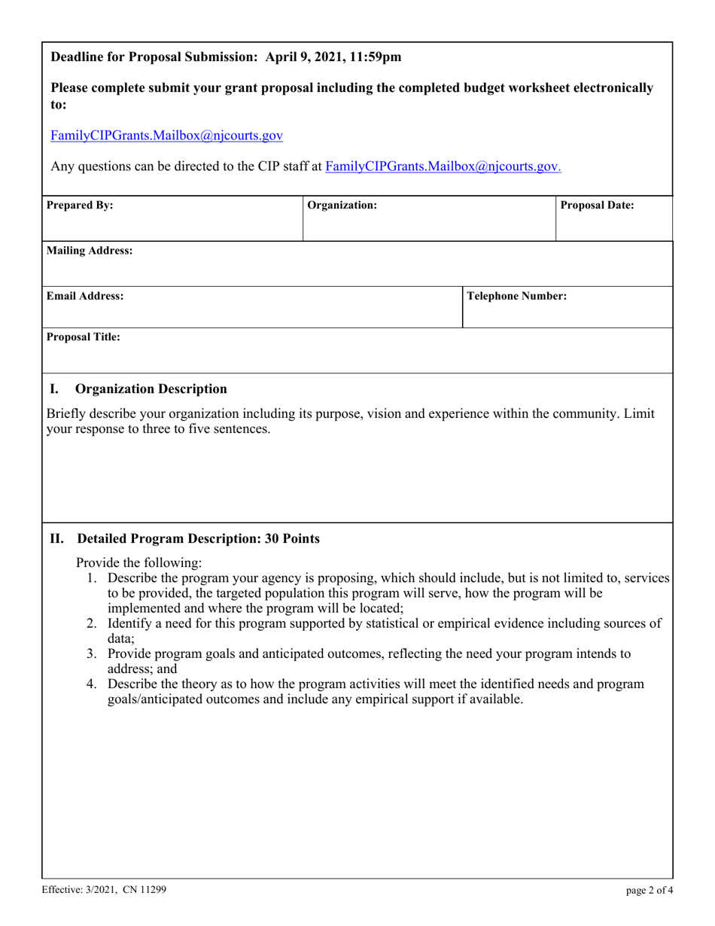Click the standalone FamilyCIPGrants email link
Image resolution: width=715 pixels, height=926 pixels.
(x=166, y=136)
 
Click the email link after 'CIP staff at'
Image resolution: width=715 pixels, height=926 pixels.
(x=443, y=166)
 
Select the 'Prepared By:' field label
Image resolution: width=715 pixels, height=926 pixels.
(x=81, y=205)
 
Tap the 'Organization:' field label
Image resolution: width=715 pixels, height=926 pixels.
(x=342, y=205)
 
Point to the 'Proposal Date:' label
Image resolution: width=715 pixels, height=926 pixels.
(x=598, y=205)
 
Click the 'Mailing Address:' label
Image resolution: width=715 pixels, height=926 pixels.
(x=90, y=251)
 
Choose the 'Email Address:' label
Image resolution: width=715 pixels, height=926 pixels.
(x=86, y=297)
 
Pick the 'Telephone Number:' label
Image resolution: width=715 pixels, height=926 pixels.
(x=517, y=297)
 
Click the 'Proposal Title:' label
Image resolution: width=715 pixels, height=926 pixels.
(x=84, y=337)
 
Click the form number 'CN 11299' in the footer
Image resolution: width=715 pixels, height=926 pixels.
(x=143, y=889)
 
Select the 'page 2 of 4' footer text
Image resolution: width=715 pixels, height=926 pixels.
(x=650, y=891)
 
